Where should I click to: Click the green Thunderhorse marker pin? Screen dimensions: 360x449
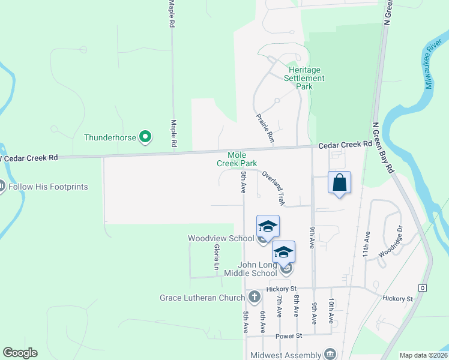[145, 137]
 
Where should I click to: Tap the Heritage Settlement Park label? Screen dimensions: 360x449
[304, 78]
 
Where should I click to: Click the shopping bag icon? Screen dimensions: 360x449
[339, 183]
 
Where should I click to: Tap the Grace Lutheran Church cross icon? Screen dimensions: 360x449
[255, 296]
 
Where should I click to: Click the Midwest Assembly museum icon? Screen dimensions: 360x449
[330, 354]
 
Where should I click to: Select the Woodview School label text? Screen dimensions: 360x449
[221, 238]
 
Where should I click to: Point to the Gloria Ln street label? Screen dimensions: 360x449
[217, 256]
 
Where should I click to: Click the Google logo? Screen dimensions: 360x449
[20, 353]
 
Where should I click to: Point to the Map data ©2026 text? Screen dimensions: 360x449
[423, 355]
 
